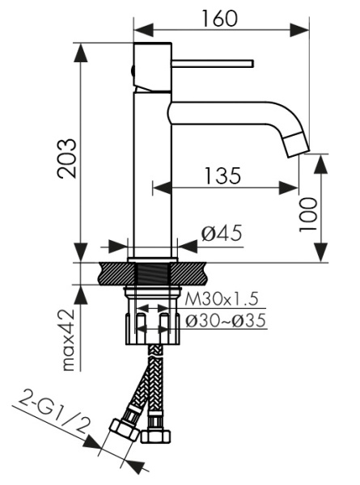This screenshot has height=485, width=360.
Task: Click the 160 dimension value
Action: pos(220,18)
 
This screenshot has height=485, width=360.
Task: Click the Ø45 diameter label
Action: pos(221,234)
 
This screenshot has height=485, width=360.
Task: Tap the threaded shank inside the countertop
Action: pos(151,272)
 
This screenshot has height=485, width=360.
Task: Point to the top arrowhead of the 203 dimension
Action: pos(82,45)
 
